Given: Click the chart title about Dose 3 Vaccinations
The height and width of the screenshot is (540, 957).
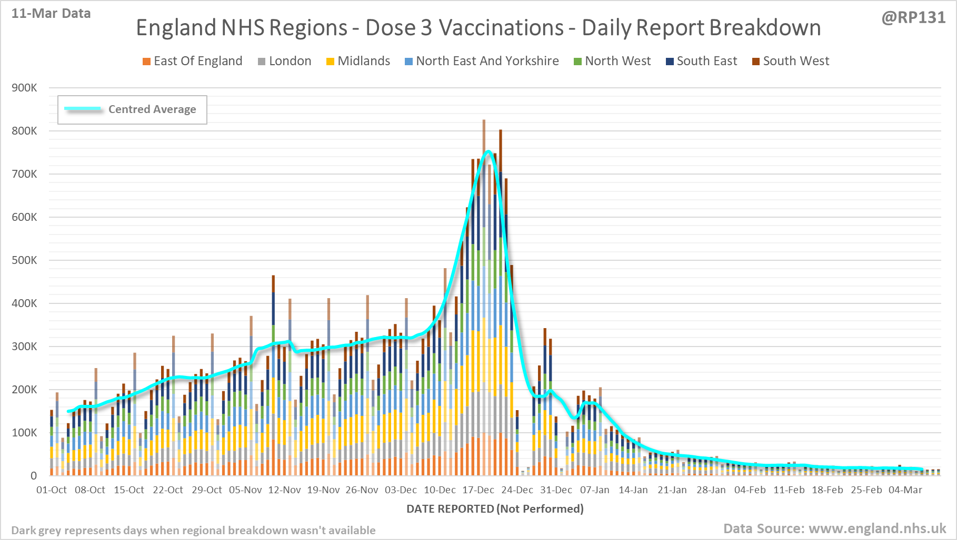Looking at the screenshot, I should [478, 28].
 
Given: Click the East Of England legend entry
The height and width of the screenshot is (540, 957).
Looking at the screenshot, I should [193, 61].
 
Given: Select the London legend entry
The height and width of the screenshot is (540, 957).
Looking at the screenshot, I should [285, 61].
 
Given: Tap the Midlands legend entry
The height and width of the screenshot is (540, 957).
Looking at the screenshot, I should [358, 61].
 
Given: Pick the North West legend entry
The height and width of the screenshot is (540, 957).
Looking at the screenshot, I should [612, 61].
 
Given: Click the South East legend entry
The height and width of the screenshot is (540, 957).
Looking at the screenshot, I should [702, 61].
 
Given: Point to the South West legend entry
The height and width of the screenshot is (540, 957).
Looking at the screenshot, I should [791, 61].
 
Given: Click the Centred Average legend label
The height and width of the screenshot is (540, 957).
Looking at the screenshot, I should [152, 109].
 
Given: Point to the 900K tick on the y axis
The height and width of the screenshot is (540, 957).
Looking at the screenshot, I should [24, 88].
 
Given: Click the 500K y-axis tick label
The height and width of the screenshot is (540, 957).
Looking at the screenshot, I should [24, 260].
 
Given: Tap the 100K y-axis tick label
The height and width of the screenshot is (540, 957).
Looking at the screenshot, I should [24, 433].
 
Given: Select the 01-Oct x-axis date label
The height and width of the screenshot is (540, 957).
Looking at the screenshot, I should [52, 490].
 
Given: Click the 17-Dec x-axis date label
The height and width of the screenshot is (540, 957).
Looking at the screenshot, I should [478, 490].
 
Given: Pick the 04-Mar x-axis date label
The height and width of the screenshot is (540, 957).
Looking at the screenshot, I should [905, 490].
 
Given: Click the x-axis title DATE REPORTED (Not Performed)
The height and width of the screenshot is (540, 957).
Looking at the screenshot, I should [495, 509].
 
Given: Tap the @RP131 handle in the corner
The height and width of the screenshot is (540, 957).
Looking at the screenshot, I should [913, 17].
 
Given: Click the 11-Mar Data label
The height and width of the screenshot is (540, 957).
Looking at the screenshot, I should [51, 14].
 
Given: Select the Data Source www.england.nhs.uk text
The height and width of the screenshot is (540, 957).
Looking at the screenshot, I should [835, 528].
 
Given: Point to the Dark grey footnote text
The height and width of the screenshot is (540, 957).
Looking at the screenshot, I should [194, 530].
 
